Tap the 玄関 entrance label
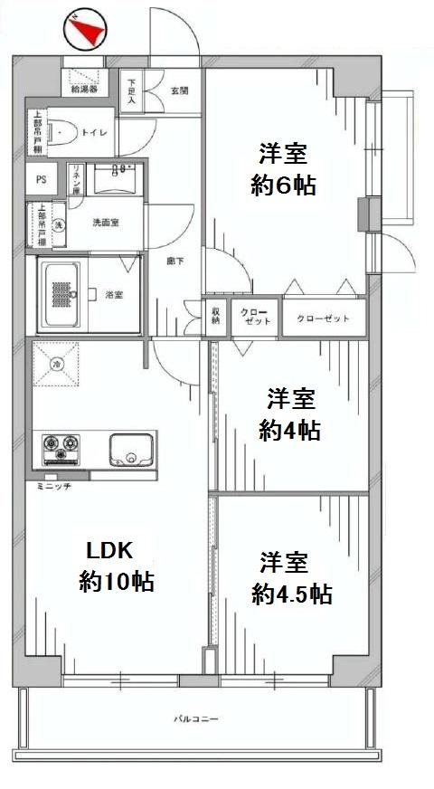[x=179, y=90]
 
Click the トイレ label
[x=94, y=133]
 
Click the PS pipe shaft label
[x=41, y=179]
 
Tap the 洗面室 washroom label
[x=105, y=223]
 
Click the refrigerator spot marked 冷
[x=56, y=364]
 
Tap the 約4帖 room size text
[x=288, y=431]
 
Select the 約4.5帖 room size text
[x=291, y=594]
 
